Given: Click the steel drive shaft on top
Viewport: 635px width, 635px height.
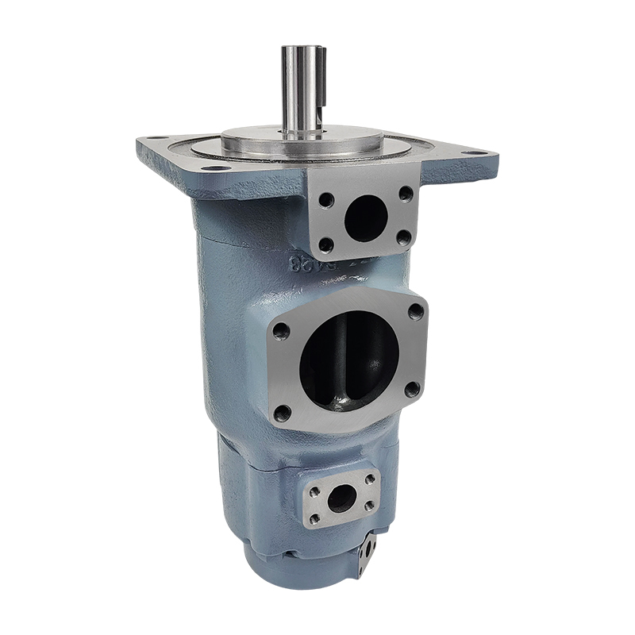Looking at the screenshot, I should [x=301, y=87].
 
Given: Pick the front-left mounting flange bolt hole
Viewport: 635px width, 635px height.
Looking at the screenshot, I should [x=212, y=168].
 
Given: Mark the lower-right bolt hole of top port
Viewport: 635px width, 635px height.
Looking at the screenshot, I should [x=402, y=237].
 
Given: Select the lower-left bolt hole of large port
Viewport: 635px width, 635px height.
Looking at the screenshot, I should [x=282, y=412].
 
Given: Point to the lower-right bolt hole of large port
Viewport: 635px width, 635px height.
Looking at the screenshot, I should [x=410, y=389].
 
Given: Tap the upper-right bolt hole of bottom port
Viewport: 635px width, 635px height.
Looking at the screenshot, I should [x=371, y=479].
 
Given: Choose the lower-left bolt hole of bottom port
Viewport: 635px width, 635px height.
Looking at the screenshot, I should [x=315, y=519].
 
